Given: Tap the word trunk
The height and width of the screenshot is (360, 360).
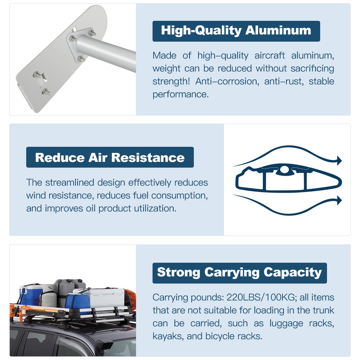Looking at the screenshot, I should [x=322, y=310].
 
